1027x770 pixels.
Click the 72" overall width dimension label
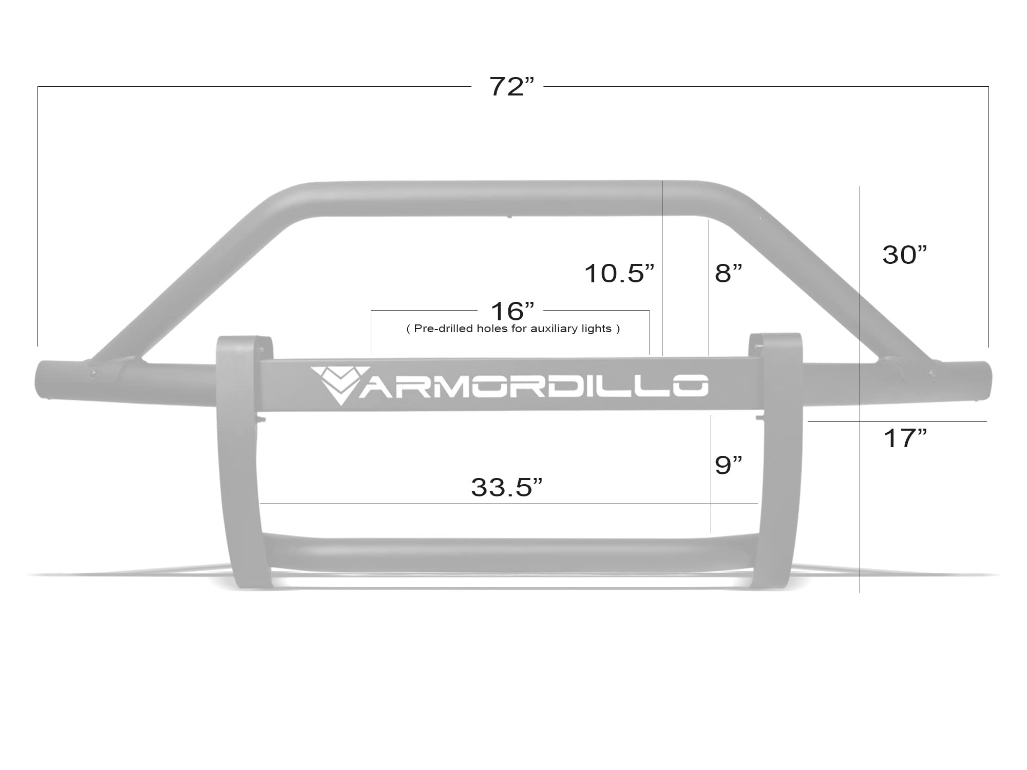tap(511, 87)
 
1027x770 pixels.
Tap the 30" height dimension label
tap(904, 255)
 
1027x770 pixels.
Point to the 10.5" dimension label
tap(619, 273)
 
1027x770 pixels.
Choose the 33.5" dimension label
tap(506, 487)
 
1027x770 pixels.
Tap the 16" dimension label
tap(512, 311)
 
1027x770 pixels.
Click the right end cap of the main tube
tap(982, 381)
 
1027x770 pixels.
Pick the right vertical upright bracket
tap(779, 462)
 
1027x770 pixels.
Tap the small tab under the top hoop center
tap(509, 217)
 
